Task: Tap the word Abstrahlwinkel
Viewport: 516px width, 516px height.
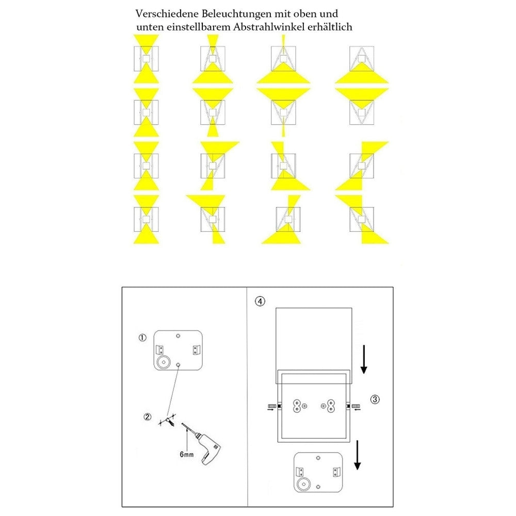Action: pyautogui.click(x=269, y=27)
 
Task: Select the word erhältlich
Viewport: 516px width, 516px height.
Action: pyautogui.click(x=330, y=27)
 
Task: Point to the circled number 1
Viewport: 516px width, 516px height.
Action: pyautogui.click(x=142, y=337)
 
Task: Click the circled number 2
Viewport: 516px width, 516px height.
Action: pyautogui.click(x=148, y=416)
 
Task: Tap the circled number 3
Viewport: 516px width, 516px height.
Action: pyautogui.click(x=375, y=399)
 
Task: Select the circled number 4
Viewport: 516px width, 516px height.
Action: pyautogui.click(x=260, y=301)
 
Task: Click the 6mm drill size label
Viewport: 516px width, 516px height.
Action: pyautogui.click(x=187, y=455)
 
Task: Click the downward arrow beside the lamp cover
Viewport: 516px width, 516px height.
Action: pyautogui.click(x=364, y=359)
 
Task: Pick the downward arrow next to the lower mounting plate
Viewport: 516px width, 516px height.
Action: pyautogui.click(x=358, y=456)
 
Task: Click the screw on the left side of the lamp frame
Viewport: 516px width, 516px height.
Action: pyautogui.click(x=272, y=407)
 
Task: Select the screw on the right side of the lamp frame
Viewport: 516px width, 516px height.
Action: pyautogui.click(x=356, y=407)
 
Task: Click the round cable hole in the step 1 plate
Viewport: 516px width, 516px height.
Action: pyautogui.click(x=163, y=362)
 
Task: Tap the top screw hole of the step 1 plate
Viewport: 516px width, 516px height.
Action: pyautogui.click(x=178, y=336)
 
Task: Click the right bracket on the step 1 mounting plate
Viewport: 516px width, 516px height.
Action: pyautogui.click(x=196, y=350)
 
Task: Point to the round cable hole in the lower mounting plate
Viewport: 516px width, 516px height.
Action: pyautogui.click(x=303, y=484)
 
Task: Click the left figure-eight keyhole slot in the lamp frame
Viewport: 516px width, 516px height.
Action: pyautogui.click(x=297, y=406)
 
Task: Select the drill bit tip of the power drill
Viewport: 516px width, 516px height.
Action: pyautogui.click(x=182, y=424)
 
